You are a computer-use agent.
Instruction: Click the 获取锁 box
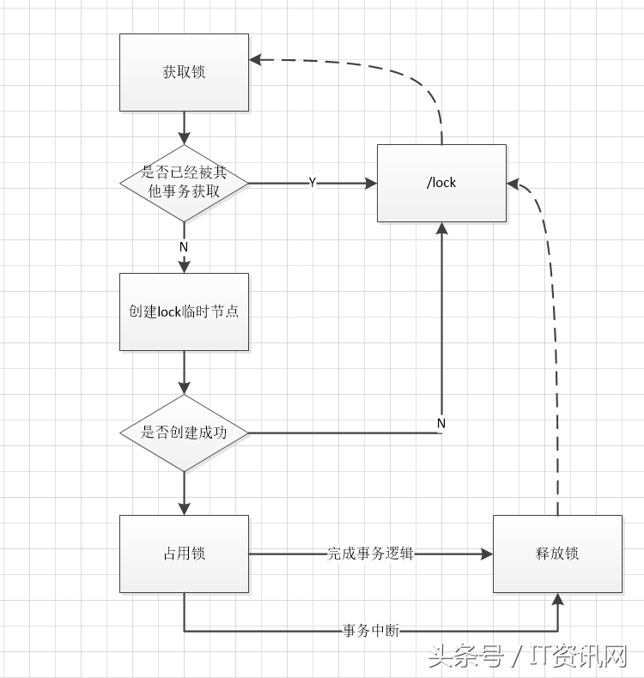184,72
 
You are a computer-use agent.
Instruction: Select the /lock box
441,183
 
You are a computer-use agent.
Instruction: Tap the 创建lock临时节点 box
184,312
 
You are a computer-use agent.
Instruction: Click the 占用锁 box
184,554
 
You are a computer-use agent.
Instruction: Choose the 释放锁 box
557,554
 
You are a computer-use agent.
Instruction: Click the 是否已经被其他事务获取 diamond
184,183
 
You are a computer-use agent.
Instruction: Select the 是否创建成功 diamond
184,433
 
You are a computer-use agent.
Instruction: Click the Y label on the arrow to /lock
312,183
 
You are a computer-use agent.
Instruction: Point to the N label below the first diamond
184,246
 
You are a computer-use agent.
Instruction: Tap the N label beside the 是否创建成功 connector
441,423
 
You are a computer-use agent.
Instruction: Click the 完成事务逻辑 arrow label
370,554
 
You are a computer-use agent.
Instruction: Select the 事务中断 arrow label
370,631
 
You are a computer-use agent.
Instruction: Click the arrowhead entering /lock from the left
371,183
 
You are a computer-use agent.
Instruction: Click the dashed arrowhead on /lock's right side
513,183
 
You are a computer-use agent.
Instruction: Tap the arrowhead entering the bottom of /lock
441,228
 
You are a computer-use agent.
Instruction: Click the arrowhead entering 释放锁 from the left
487,554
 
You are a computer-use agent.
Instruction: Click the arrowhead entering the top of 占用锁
184,509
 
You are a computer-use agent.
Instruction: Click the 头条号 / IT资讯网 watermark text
527,657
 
